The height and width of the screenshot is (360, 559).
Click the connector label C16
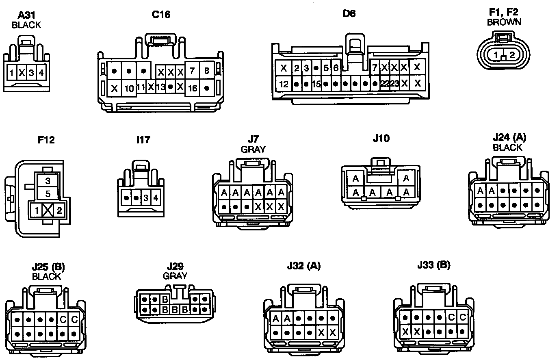coord(161,15)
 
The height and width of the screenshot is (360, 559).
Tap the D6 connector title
coord(349,13)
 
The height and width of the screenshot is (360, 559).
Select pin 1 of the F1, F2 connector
coord(496,55)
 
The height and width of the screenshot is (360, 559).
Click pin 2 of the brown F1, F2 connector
coord(512,55)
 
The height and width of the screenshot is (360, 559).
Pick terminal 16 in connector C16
coord(193,88)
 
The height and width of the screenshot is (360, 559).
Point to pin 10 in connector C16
coord(129,88)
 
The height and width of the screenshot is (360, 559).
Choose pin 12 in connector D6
coord(284,84)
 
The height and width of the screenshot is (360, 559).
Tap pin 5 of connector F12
coord(48,193)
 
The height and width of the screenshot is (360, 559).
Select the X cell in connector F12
coord(48,210)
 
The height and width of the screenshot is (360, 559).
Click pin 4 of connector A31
coord(42,73)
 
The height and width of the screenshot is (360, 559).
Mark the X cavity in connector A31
coord(22,73)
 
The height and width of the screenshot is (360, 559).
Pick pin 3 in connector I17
coord(146,198)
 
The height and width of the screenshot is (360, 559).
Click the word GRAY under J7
coord(253,149)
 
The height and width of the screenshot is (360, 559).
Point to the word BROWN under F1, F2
coord(504,22)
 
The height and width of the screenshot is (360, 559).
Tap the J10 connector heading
coord(381,138)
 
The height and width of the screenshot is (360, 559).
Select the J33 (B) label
coord(433,265)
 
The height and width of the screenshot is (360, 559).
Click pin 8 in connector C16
coord(207,71)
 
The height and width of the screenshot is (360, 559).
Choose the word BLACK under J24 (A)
coord(507,147)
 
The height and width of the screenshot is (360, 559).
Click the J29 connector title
coord(175,267)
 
